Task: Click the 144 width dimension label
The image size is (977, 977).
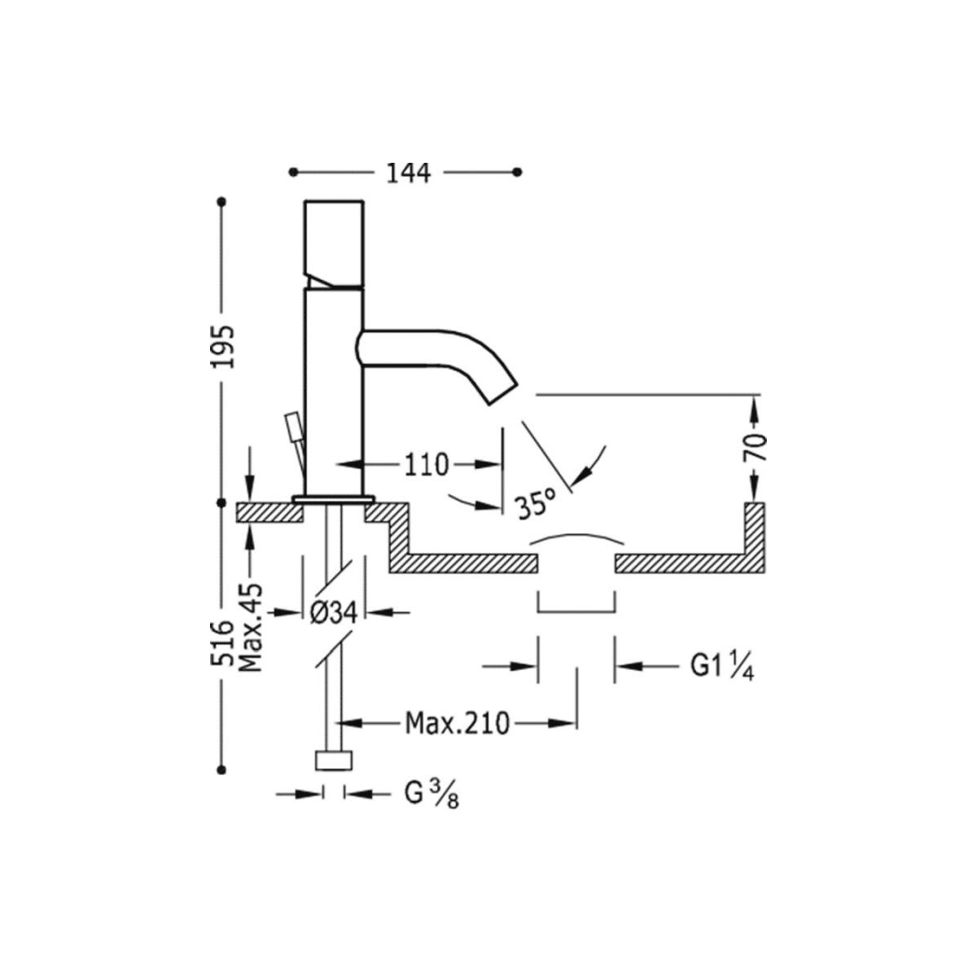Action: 408,173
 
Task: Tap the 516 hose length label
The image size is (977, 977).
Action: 221,643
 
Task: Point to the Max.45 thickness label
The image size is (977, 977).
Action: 250,627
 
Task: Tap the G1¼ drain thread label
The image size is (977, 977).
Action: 721,667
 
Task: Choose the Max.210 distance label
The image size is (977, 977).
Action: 457,722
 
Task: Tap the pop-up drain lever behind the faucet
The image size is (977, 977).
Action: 292,428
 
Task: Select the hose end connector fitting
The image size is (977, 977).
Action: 334,760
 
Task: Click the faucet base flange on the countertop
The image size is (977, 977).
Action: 334,497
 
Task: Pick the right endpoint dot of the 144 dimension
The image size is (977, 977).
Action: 519,172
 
